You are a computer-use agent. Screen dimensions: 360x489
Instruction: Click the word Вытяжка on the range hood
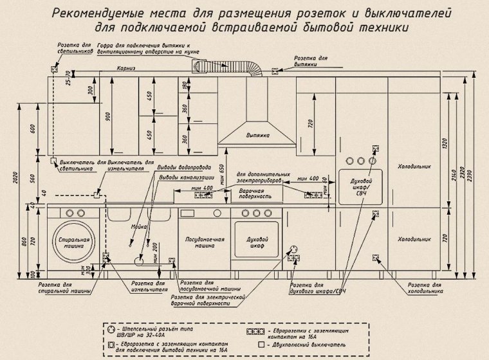tap(257, 136)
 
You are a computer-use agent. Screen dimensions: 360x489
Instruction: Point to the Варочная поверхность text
tap(254, 195)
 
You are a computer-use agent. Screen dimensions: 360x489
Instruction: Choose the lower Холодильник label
tap(411, 239)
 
